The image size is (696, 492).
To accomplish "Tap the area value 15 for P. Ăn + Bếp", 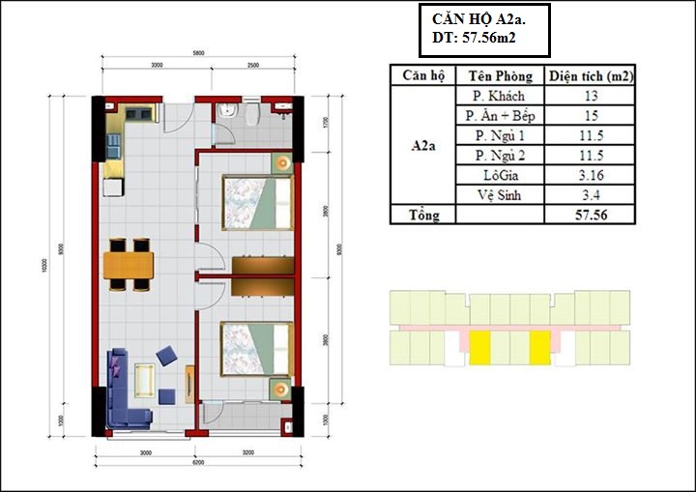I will (x=591, y=116).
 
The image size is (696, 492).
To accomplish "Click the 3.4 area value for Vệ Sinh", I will (x=591, y=194).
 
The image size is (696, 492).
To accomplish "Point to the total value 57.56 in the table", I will (x=591, y=215).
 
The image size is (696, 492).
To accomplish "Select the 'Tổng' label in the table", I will (x=422, y=215).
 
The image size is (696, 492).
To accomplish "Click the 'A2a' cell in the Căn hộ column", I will (x=422, y=145).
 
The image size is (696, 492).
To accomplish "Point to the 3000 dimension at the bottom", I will (x=146, y=451).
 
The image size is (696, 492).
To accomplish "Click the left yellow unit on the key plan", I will (x=480, y=345).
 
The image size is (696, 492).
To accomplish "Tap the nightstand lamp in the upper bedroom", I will (x=281, y=163).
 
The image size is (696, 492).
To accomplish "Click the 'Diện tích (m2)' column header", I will (x=591, y=75).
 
